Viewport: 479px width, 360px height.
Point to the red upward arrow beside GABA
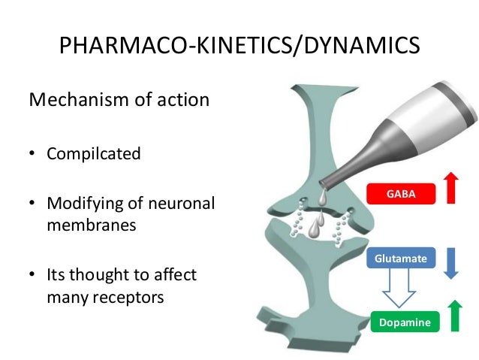450,188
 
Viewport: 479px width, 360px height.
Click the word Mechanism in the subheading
77,99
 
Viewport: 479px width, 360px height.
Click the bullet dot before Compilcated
33,155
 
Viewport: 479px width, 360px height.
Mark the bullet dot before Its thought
33,276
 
